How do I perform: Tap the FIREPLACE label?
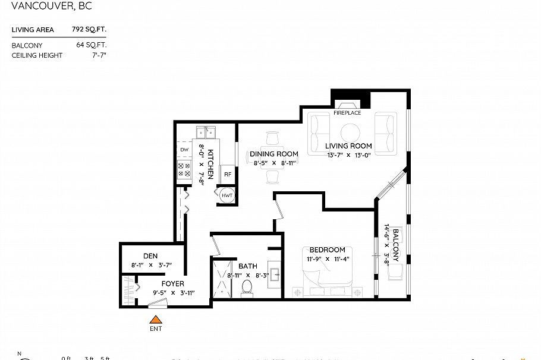pyautogui.click(x=347, y=113)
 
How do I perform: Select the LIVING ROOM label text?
pyautogui.click(x=348, y=146)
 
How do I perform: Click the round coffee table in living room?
pyautogui.click(x=350, y=131)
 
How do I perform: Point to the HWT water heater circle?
pyautogui.click(x=227, y=195)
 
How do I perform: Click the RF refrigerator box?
pyautogui.click(x=227, y=175)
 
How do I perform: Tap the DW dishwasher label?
pyautogui.click(x=184, y=150)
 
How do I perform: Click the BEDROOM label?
pyautogui.click(x=327, y=250)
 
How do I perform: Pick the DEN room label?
pyautogui.click(x=150, y=256)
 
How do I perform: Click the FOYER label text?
pyautogui.click(x=172, y=284)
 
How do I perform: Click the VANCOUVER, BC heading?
pyautogui.click(x=52, y=7)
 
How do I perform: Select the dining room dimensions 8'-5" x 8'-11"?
pyautogui.click(x=273, y=163)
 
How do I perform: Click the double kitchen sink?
pyautogui.click(x=205, y=132)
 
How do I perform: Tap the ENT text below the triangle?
pyautogui.click(x=155, y=329)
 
